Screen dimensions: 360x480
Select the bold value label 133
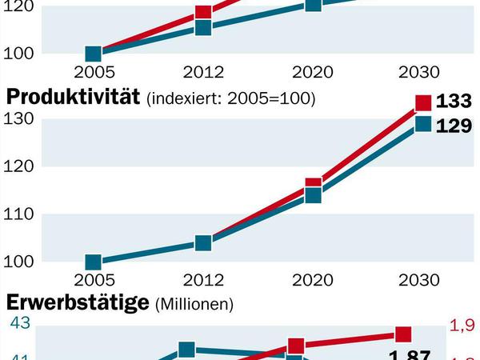(454, 102)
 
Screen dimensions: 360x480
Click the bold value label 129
(454, 126)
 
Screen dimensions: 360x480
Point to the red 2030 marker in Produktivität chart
(423, 102)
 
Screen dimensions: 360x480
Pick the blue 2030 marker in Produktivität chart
(423, 124)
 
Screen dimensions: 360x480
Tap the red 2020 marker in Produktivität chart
(313, 186)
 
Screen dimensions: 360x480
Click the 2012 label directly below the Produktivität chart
(202, 280)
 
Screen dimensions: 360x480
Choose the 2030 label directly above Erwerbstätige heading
(419, 280)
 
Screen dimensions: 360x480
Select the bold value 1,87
(409, 355)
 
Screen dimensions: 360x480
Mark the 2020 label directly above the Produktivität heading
(313, 73)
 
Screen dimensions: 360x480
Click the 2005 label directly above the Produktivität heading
(94, 73)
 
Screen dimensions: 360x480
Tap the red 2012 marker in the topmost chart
(202, 13)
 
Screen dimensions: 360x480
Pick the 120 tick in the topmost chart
(22, 6)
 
